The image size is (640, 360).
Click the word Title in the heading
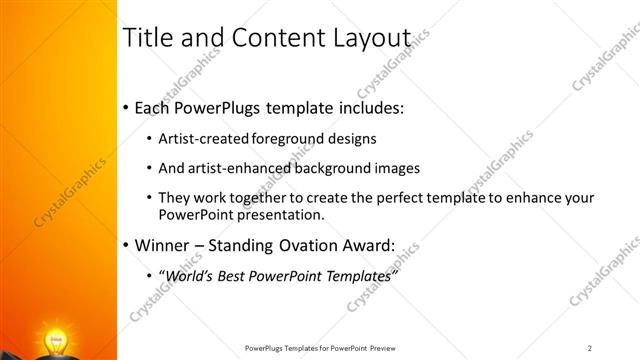point(145,37)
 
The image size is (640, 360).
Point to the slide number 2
point(590,348)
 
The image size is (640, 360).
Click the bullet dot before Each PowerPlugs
point(125,108)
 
